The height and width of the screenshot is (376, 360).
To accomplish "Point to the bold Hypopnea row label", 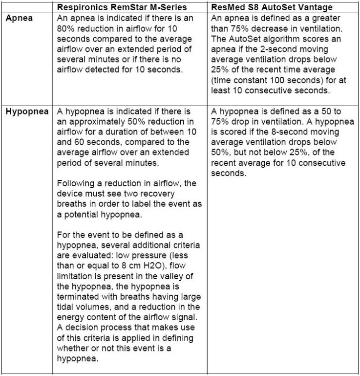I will [x=27, y=111].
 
